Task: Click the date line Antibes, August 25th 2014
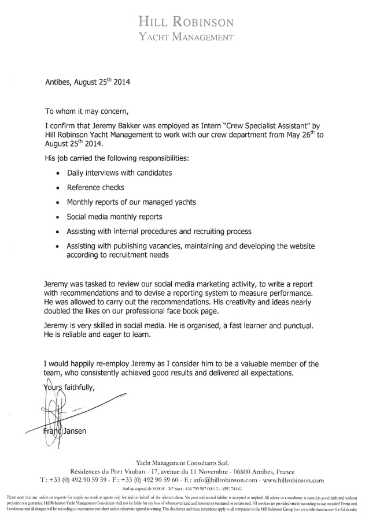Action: [x=87, y=82]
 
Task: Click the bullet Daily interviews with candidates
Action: [x=119, y=172]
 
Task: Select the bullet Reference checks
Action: [x=95, y=187]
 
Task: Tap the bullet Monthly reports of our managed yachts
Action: [x=131, y=202]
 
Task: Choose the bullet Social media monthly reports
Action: [x=115, y=217]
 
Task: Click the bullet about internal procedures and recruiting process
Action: [x=159, y=232]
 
